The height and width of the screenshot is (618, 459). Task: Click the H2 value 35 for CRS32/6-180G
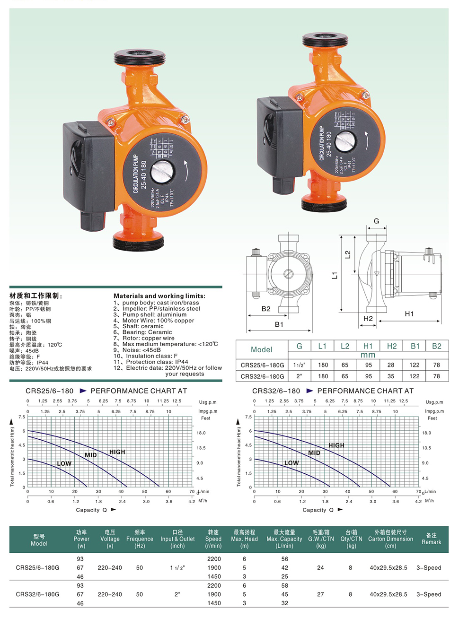[x=391, y=376]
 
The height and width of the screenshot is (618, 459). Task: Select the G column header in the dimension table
[x=299, y=346]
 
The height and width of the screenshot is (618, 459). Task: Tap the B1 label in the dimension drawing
[x=279, y=324]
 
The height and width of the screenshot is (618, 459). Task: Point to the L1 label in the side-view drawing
[x=335, y=275]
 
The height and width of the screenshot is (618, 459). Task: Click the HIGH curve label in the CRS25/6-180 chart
[x=117, y=452]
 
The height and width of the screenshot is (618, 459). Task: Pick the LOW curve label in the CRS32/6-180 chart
[x=291, y=463]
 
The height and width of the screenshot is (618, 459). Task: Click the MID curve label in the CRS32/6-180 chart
[x=314, y=453]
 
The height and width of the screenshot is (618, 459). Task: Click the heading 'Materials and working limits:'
[x=159, y=296]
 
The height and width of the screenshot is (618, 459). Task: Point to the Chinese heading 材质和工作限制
[x=35, y=296]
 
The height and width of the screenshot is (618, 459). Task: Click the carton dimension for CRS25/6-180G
[x=388, y=567]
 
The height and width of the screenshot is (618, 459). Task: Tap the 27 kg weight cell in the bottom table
[x=320, y=594]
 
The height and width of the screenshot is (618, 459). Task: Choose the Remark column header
[x=431, y=539]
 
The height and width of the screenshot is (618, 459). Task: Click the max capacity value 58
[x=284, y=585]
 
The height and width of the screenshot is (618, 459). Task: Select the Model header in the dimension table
[x=261, y=350]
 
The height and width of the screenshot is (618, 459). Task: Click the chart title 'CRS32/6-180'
[x=276, y=391]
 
